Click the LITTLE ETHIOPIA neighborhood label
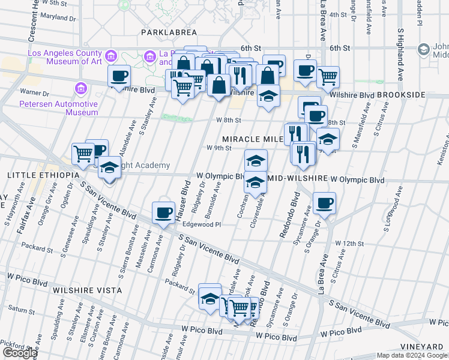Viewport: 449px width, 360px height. tap(43, 175)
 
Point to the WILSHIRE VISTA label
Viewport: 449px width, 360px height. tap(87, 290)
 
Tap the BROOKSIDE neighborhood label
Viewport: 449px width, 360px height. tap(403, 95)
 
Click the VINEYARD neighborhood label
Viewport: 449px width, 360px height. tap(423, 347)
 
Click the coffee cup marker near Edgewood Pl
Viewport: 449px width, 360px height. tap(163, 212)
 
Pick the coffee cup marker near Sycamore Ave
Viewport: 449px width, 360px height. tap(324, 202)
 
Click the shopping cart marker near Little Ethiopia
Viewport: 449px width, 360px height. tap(83, 153)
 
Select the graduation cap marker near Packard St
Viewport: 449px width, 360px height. tap(210, 297)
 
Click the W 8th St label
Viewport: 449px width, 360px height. tap(229, 121)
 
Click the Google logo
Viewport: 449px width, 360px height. tap(19, 353)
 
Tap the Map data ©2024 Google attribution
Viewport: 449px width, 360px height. tap(411, 355)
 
